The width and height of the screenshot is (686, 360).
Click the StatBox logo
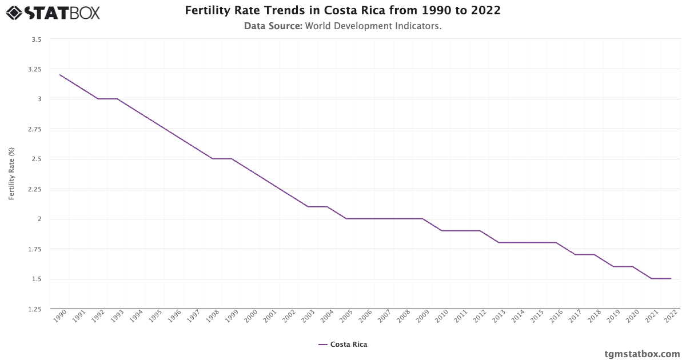(x=53, y=12)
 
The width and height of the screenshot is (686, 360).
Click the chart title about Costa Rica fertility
(x=342, y=11)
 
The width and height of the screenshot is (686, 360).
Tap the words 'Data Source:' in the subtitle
(x=273, y=26)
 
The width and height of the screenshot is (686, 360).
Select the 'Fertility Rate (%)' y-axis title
(x=11, y=174)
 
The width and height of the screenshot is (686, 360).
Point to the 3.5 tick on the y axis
(x=37, y=39)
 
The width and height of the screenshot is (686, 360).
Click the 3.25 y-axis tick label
(x=35, y=69)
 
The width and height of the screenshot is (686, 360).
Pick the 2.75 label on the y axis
(x=35, y=129)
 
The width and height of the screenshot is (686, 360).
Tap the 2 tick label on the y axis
(x=39, y=219)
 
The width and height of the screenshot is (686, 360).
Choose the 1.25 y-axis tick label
(x=35, y=309)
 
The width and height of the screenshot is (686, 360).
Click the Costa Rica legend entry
(x=343, y=345)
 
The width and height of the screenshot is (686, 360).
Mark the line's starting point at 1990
(x=60, y=75)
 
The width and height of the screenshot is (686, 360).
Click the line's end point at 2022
(x=671, y=279)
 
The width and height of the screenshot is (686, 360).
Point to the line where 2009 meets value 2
(x=422, y=219)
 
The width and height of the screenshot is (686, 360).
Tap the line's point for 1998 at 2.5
(x=213, y=159)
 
